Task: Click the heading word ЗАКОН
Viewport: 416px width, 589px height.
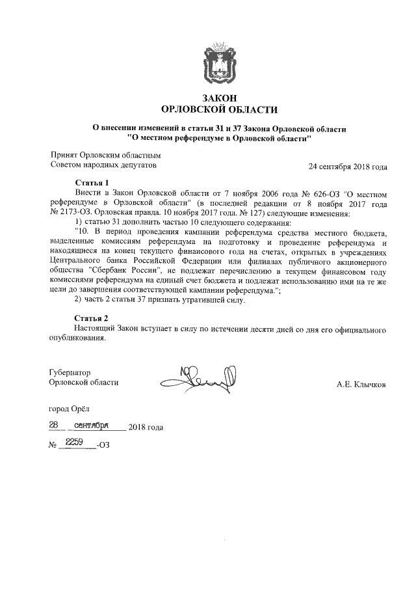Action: pyautogui.click(x=219, y=97)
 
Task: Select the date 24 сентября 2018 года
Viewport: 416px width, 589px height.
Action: pyautogui.click(x=348, y=167)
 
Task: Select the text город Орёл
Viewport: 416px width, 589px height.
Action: pyautogui.click(x=71, y=410)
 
